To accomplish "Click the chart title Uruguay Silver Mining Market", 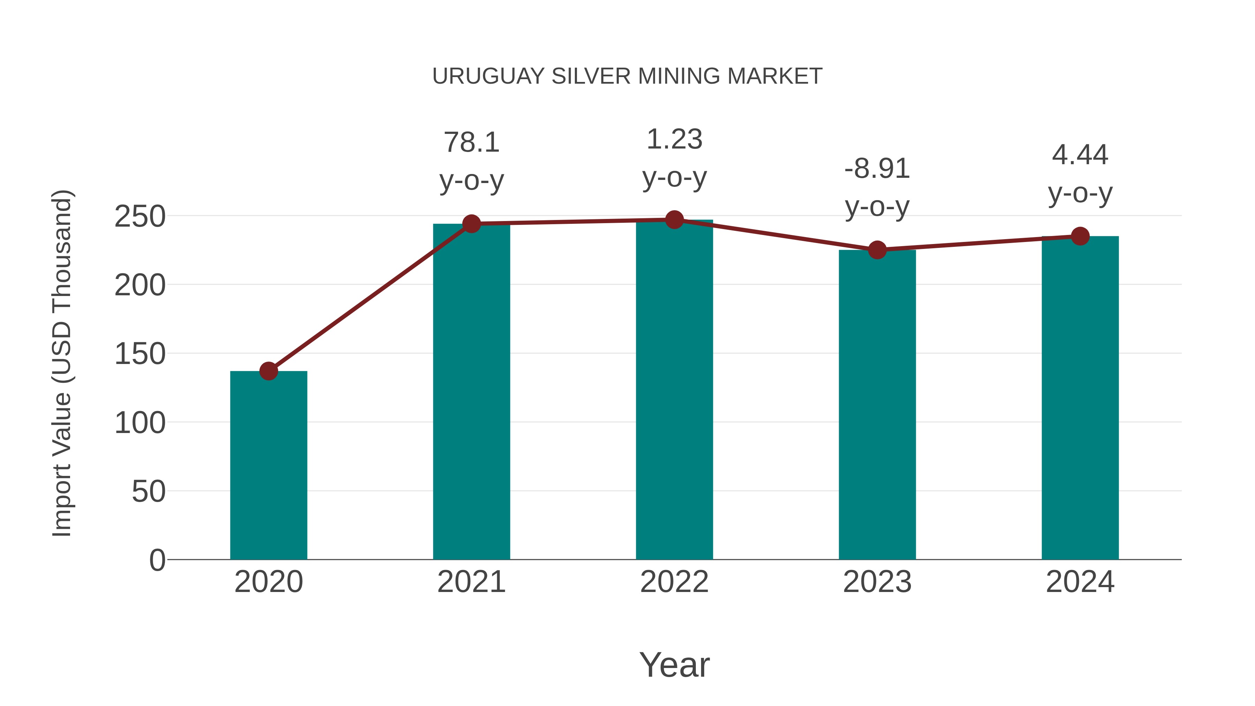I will pyautogui.click(x=627, y=76).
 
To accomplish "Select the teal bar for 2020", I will pyautogui.click(x=268, y=465).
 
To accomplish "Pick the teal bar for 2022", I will pyautogui.click(x=674, y=389).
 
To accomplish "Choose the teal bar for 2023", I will pyautogui.click(x=877, y=404).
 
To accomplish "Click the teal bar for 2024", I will pyautogui.click(x=1080, y=397).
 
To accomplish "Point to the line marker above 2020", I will pyautogui.click(x=268, y=371).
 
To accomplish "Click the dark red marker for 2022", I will pyautogui.click(x=674, y=220).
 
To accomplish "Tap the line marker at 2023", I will pyautogui.click(x=877, y=250).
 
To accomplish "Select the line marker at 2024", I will pyautogui.click(x=1080, y=236).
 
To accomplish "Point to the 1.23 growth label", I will pyautogui.click(x=674, y=139).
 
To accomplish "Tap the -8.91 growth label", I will pyautogui.click(x=877, y=169).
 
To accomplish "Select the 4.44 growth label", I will pyautogui.click(x=1080, y=155).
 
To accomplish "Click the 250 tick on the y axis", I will pyautogui.click(x=140, y=216).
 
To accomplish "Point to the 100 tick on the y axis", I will pyautogui.click(x=140, y=423).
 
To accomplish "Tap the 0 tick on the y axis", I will pyautogui.click(x=157, y=560).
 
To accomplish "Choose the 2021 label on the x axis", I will pyautogui.click(x=471, y=582).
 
